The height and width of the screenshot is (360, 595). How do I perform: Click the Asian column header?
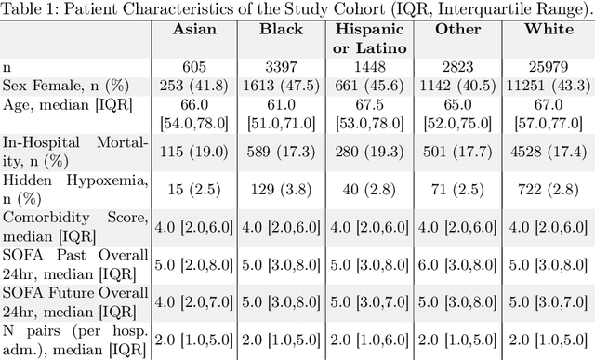pos(193,30)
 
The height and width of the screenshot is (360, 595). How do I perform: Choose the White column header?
pos(542,30)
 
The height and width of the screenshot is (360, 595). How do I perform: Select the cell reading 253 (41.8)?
pos(193,86)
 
